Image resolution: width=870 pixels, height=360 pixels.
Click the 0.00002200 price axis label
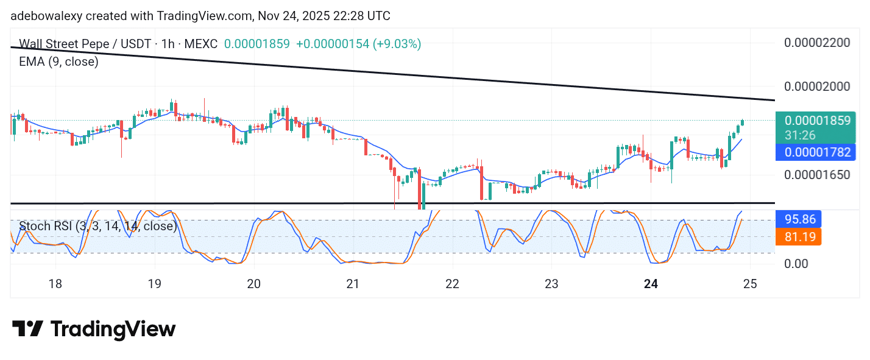816,43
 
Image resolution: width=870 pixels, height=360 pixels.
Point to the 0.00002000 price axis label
816,86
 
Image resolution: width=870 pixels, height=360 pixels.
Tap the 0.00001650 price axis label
816,175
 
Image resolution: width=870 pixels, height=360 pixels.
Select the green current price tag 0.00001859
817,121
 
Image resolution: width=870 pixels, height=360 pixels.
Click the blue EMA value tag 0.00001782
817,152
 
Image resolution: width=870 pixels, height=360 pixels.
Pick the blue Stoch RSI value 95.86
799,219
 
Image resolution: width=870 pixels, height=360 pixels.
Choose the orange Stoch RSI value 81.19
799,236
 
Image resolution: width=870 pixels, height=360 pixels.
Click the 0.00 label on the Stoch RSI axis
796,264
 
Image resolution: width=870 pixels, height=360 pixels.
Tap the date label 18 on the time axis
55,284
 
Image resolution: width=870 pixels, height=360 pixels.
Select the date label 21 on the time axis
353,284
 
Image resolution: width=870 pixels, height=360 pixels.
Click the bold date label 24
651,284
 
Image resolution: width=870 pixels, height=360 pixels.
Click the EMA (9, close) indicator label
58,62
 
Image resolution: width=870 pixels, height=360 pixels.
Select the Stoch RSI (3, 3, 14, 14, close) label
97,227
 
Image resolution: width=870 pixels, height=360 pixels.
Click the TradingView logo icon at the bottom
27,330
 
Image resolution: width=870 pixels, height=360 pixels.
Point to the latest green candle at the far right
742,123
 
